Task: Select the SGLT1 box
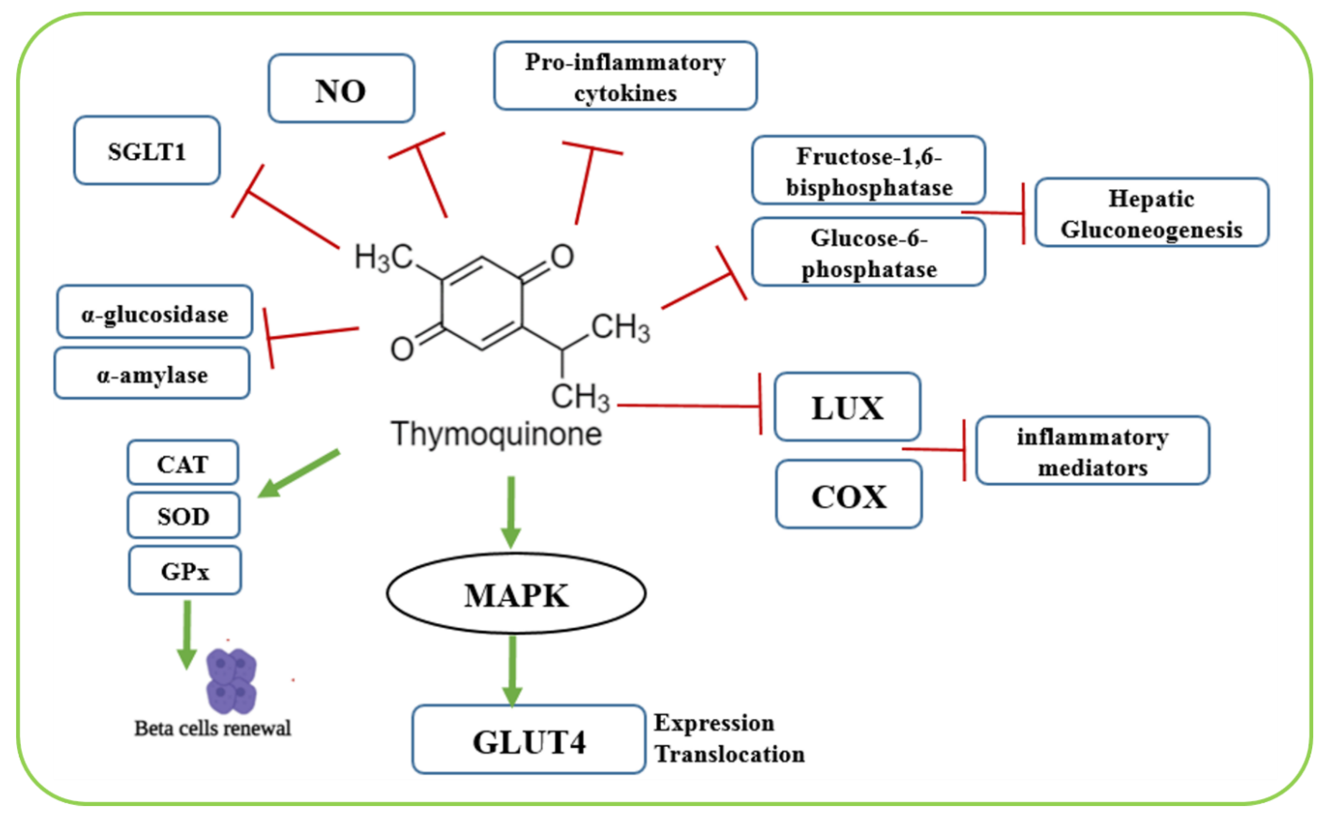pyautogui.click(x=147, y=150)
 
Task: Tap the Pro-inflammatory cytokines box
pyautogui.click(x=625, y=76)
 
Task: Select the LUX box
pyautogui.click(x=847, y=407)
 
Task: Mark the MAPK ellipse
pyautogui.click(x=516, y=594)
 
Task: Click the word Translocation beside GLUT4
pyautogui.click(x=729, y=754)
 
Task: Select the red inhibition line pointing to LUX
pyautogui.click(x=689, y=405)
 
